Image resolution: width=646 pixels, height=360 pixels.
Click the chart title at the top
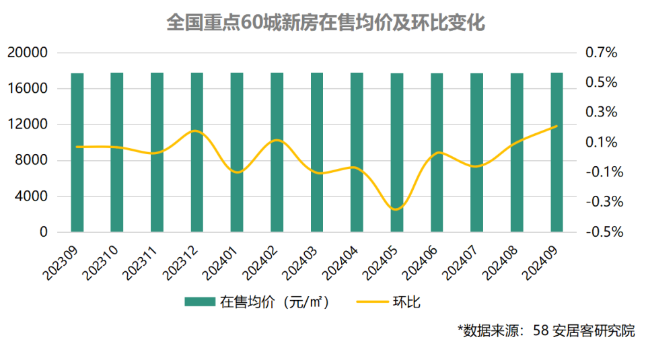(x=326, y=23)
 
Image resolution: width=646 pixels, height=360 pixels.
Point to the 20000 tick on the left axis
(x=28, y=52)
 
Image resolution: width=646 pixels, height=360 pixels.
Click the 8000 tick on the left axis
(x=32, y=160)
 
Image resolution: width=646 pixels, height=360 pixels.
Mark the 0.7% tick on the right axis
(x=601, y=52)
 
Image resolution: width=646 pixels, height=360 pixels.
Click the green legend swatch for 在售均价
(x=200, y=302)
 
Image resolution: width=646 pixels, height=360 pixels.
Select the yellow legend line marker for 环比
(x=370, y=302)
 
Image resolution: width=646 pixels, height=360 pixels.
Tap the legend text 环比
(x=406, y=302)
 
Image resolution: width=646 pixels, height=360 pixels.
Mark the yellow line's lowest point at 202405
(x=397, y=209)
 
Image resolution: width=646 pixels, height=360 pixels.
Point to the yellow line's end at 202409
(x=557, y=126)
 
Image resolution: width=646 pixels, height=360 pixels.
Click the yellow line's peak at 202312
(x=196, y=131)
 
